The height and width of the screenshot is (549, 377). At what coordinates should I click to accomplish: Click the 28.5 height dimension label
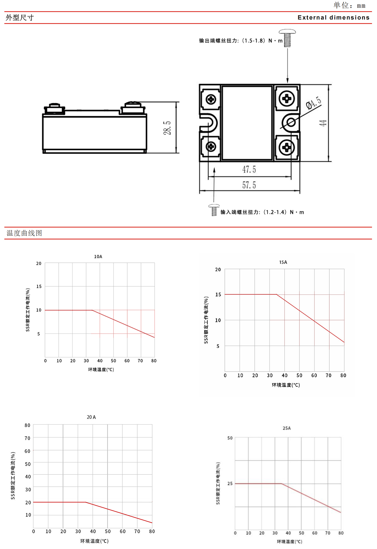click(167, 128)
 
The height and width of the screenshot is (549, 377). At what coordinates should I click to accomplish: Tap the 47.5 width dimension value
click(249, 170)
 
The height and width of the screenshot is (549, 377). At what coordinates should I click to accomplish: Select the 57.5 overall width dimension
click(249, 185)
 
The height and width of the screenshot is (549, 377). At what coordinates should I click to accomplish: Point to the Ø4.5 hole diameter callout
click(314, 103)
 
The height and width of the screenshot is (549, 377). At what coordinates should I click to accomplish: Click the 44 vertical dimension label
click(323, 123)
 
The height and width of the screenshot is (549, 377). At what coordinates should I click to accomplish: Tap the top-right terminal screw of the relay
click(287, 99)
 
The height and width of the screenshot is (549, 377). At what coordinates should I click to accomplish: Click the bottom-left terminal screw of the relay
click(210, 146)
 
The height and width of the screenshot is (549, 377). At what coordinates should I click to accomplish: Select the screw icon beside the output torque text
click(287, 38)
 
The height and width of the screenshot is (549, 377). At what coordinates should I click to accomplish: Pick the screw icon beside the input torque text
click(214, 210)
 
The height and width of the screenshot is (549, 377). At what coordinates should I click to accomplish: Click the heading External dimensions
click(334, 18)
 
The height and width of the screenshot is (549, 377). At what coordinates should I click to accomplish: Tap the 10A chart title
click(98, 257)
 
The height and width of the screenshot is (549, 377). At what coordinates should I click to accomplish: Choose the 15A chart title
click(283, 262)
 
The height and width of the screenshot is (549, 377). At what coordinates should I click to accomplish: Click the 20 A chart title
click(91, 417)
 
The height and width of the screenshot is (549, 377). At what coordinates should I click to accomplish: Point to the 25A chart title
click(287, 428)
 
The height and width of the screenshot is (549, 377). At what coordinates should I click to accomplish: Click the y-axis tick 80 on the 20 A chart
click(28, 425)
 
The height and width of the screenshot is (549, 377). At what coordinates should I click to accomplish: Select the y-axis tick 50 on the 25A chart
click(230, 438)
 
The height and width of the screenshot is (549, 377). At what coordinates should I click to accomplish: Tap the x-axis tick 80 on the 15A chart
click(343, 375)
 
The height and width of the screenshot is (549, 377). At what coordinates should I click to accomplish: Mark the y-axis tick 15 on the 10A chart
click(39, 286)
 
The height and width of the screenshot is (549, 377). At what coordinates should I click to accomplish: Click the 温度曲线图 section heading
click(24, 233)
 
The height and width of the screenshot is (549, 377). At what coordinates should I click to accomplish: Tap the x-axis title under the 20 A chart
click(94, 541)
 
